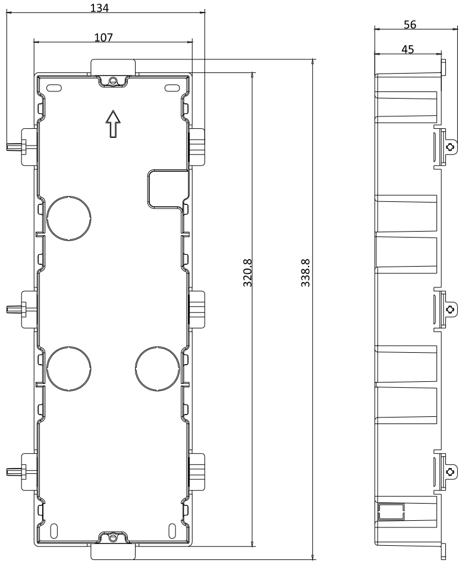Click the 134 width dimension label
[99, 8]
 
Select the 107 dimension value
[103, 37]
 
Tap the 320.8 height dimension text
[247, 273]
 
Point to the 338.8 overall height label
[305, 273]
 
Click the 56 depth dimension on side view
[410, 24]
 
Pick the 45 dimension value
[407, 49]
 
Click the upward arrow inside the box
[113, 124]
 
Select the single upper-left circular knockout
[68, 218]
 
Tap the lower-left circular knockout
[68, 368]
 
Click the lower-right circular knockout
[158, 368]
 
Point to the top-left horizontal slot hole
[54, 88]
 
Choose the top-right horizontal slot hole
[172, 88]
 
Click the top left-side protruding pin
[14, 147]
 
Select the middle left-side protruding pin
[14, 309]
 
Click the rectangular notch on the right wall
[168, 189]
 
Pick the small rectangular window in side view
[391, 512]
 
